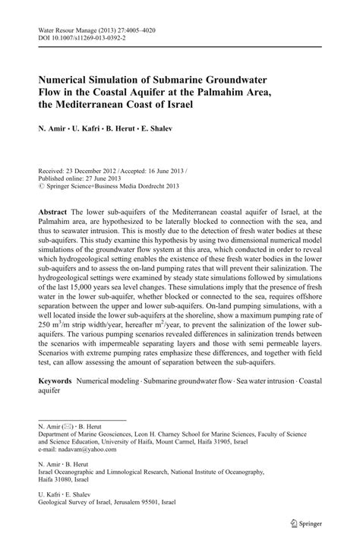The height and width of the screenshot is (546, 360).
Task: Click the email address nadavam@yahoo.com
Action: (x=81, y=451)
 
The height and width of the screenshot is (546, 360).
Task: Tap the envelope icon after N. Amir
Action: (x=68, y=428)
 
